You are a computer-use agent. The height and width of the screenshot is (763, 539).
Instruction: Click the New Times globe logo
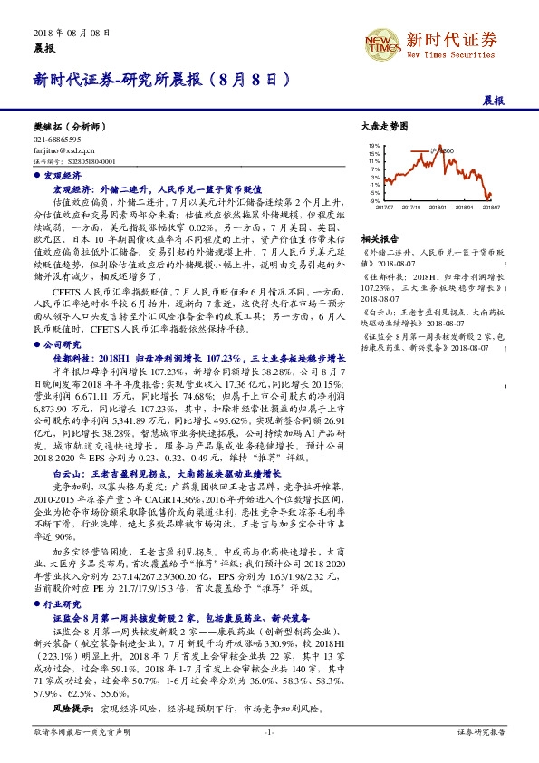(378, 40)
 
